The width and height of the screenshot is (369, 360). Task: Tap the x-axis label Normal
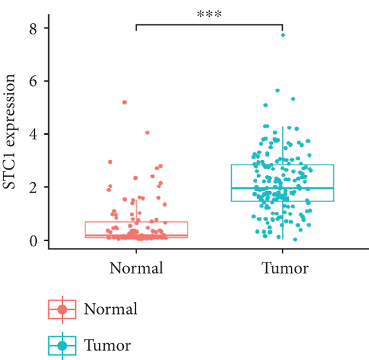point(137,268)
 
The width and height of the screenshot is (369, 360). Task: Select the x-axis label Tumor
point(283,268)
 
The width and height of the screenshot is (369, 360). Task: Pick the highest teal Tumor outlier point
point(283,35)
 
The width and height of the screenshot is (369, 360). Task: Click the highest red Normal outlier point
point(125,102)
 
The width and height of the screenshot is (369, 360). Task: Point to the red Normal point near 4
point(147,133)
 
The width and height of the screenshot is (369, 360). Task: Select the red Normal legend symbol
point(62,309)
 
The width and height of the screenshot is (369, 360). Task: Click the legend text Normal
point(111,308)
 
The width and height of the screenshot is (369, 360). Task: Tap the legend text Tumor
point(107,345)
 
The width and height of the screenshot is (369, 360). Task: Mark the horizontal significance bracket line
point(209,25)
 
